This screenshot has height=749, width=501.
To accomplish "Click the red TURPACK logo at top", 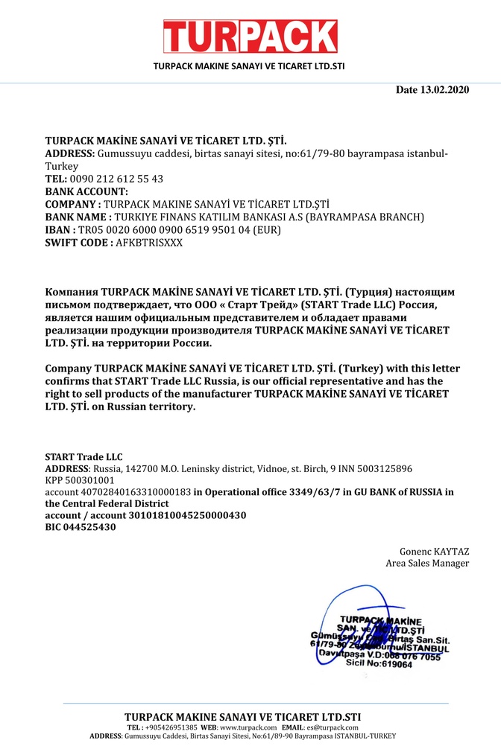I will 250,36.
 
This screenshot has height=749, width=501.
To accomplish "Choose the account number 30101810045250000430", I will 183,515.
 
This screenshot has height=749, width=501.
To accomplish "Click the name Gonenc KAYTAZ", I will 434,552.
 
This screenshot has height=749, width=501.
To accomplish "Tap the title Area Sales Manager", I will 427,564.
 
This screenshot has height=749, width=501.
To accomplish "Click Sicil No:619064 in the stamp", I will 379,663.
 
